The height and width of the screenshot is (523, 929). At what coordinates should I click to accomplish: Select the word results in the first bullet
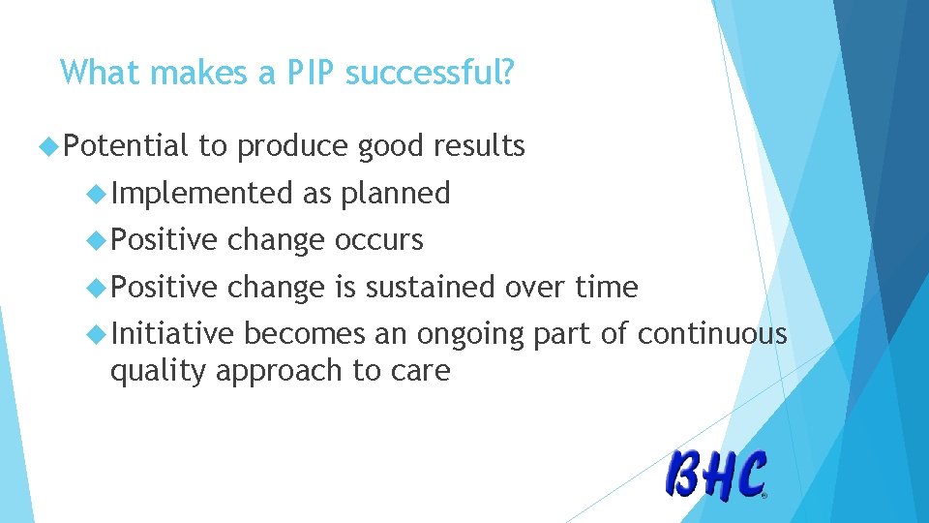[479, 146]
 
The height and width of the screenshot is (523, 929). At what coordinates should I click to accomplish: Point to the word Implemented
[202, 194]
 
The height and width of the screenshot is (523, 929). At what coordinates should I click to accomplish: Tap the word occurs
[378, 239]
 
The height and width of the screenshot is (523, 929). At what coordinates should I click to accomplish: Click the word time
[607, 287]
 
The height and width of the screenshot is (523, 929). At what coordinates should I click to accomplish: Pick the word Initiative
[172, 333]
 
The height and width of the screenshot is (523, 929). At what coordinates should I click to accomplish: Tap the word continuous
[711, 333]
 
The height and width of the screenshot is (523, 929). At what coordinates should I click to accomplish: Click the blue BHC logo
[716, 476]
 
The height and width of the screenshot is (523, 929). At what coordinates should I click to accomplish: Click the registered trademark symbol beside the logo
[765, 495]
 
